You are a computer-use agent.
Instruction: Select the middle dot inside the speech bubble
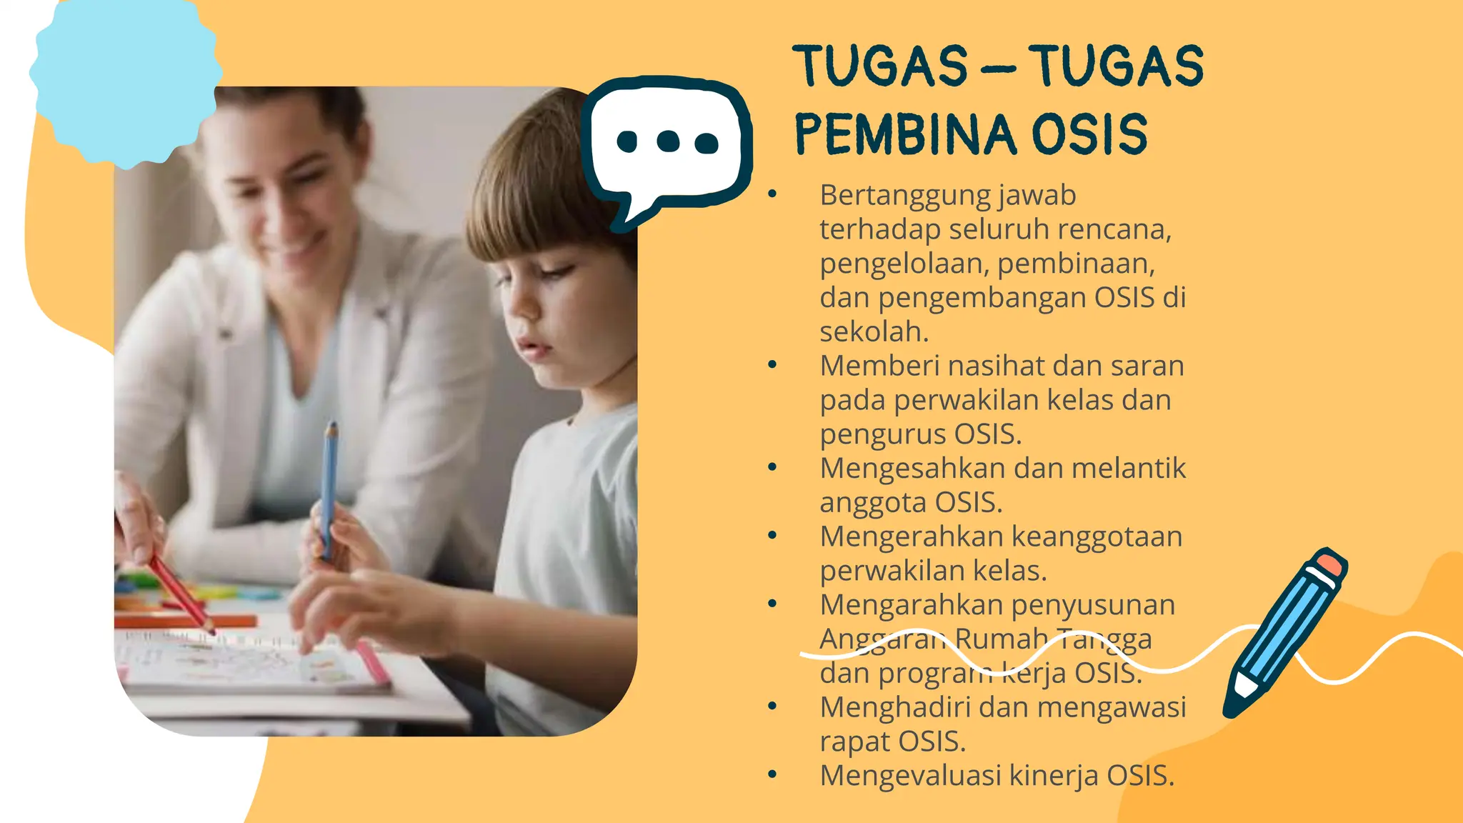point(668,141)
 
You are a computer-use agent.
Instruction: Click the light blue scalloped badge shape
point(125,79)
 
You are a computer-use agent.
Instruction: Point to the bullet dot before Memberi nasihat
point(772,366)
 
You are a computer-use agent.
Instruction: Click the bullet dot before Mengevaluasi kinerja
point(772,775)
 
